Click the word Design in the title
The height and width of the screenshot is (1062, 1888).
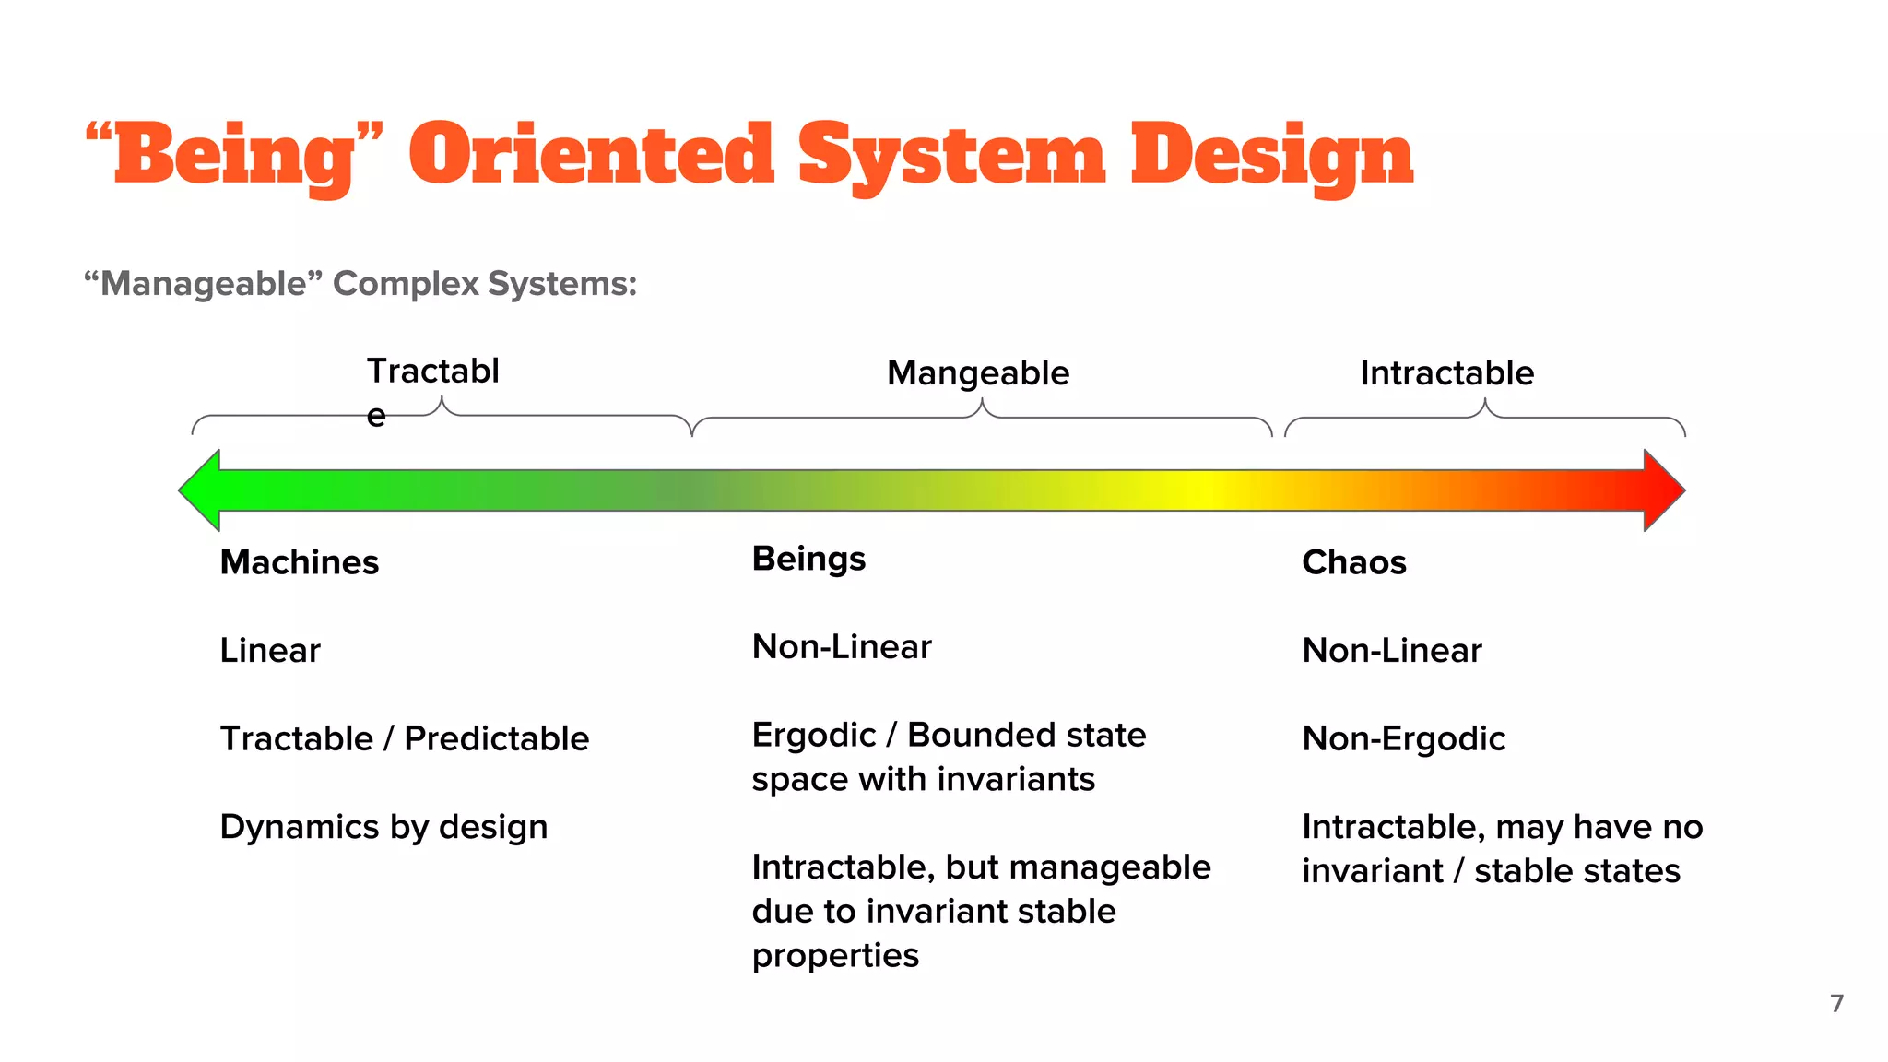(x=1271, y=155)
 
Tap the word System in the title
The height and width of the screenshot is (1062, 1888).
(x=951, y=155)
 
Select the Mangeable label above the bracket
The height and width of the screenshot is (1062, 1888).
(x=978, y=372)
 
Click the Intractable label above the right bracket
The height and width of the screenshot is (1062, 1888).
(x=1446, y=372)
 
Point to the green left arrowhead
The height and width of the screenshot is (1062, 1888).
(x=201, y=490)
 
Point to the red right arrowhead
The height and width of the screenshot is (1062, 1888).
(x=1663, y=490)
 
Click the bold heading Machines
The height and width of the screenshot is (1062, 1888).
(x=300, y=562)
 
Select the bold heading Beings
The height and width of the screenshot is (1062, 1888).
(x=808, y=559)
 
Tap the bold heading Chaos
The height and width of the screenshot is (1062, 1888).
(x=1353, y=562)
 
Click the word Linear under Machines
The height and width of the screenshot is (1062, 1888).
(x=270, y=651)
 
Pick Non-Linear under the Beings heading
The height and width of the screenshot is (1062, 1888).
(x=842, y=647)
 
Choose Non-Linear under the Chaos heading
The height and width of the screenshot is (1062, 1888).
(x=1391, y=651)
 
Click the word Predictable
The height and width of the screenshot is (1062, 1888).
(x=496, y=738)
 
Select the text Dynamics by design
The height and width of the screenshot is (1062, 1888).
(x=383, y=827)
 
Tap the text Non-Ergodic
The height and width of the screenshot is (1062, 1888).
(x=1403, y=738)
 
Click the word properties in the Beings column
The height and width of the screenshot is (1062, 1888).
(x=835, y=955)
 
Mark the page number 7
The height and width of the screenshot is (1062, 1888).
(x=1836, y=1003)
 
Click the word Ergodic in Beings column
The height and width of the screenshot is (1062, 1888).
(x=813, y=735)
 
